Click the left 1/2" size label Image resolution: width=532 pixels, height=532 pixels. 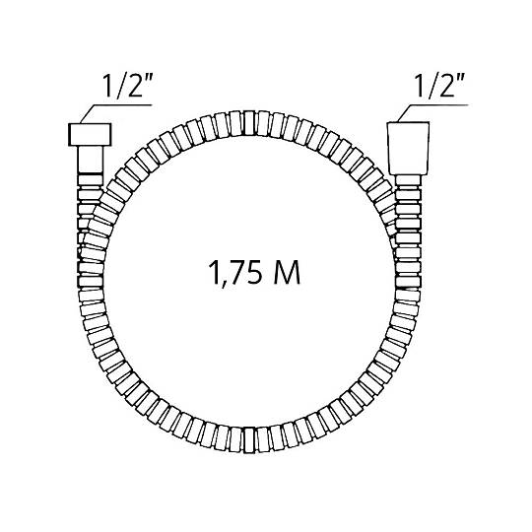click(127, 86)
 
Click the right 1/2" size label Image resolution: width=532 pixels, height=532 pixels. click(439, 86)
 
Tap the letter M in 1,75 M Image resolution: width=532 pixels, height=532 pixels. click(287, 273)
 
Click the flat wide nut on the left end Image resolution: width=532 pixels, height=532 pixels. click(90, 135)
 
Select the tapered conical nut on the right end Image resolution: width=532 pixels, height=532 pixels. click(409, 148)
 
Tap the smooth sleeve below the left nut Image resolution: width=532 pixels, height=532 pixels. click(91, 160)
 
